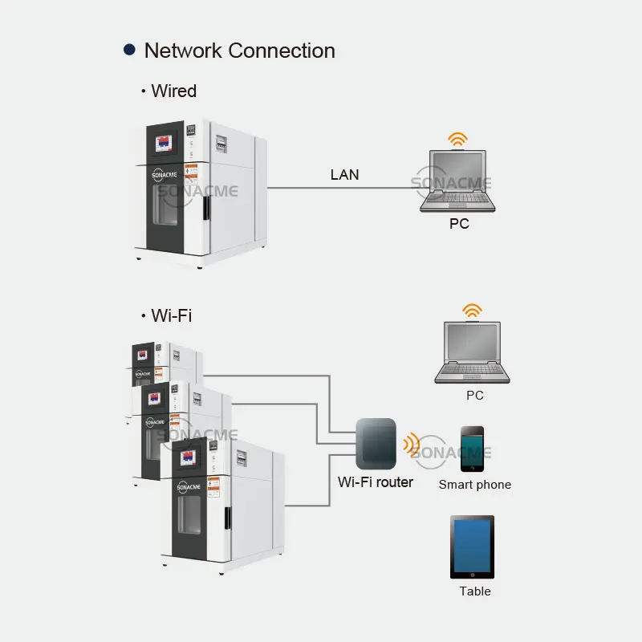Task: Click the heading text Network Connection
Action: pos(239,51)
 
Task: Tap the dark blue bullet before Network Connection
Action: pos(129,50)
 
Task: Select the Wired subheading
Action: pos(173,91)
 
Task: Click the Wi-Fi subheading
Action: pos(171,315)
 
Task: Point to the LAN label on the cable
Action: pos(344,174)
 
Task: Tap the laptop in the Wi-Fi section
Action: pos(472,354)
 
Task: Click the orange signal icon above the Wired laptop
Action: pos(457,140)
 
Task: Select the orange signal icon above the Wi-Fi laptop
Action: pos(473,311)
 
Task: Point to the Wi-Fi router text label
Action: pos(376,482)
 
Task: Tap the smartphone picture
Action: pos(472,449)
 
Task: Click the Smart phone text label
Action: pos(474,485)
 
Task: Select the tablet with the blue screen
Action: pos(472,547)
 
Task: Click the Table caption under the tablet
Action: pos(475,591)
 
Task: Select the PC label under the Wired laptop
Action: pos(459,224)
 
